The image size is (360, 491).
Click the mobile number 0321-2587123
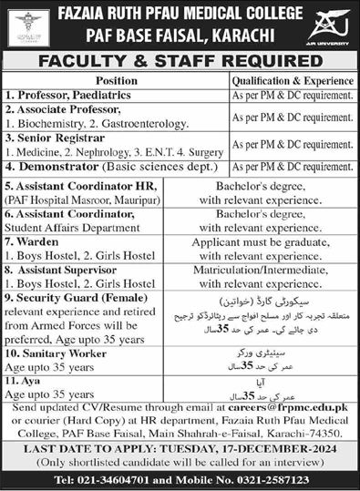(273, 479)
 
